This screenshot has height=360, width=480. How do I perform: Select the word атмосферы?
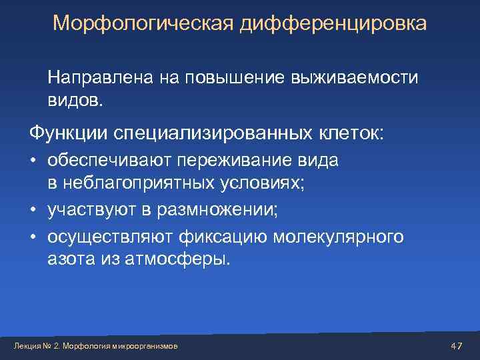click(186, 259)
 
